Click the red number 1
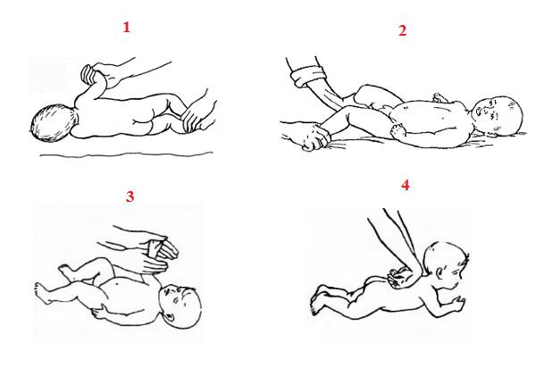[x=127, y=28]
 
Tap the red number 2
[x=403, y=30]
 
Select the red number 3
[x=130, y=197]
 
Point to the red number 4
[x=405, y=185]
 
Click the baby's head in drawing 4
[x=445, y=263]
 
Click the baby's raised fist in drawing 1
[x=88, y=74]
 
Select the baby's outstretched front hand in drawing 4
[x=457, y=302]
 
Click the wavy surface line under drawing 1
[x=127, y=155]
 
